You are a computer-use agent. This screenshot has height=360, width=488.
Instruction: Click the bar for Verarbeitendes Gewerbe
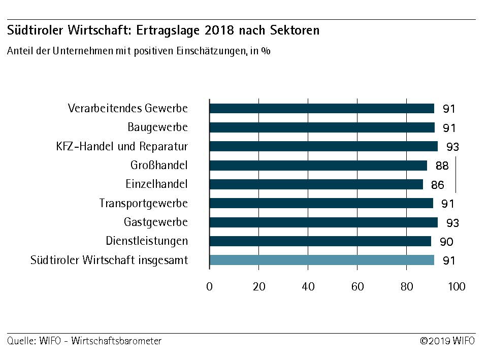click(321, 108)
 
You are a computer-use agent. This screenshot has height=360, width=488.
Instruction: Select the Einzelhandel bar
click(316, 184)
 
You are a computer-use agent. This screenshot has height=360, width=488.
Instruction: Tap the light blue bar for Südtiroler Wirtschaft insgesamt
click(321, 260)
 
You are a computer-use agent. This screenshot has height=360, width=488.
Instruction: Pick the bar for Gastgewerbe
click(323, 222)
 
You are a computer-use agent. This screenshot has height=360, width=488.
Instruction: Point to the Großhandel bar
click(318, 166)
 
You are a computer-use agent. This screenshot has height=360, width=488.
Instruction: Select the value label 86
click(437, 185)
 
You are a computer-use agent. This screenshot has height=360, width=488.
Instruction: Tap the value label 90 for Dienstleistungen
click(445, 242)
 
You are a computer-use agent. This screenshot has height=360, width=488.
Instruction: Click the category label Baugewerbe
click(157, 127)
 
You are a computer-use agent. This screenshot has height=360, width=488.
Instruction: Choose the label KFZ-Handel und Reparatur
click(122, 146)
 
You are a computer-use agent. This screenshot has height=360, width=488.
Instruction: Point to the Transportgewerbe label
click(143, 203)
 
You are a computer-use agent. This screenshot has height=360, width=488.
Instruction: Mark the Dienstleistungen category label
click(147, 241)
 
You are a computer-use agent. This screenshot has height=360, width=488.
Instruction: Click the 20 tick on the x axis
click(259, 287)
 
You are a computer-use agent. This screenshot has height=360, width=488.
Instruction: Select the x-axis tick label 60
click(357, 287)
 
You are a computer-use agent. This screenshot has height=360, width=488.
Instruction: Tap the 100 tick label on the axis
click(457, 287)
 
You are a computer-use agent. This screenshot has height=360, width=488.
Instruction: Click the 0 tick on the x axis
click(209, 287)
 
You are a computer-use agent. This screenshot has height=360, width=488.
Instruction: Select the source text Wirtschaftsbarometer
click(116, 341)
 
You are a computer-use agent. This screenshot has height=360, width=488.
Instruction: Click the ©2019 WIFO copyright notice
click(447, 341)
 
